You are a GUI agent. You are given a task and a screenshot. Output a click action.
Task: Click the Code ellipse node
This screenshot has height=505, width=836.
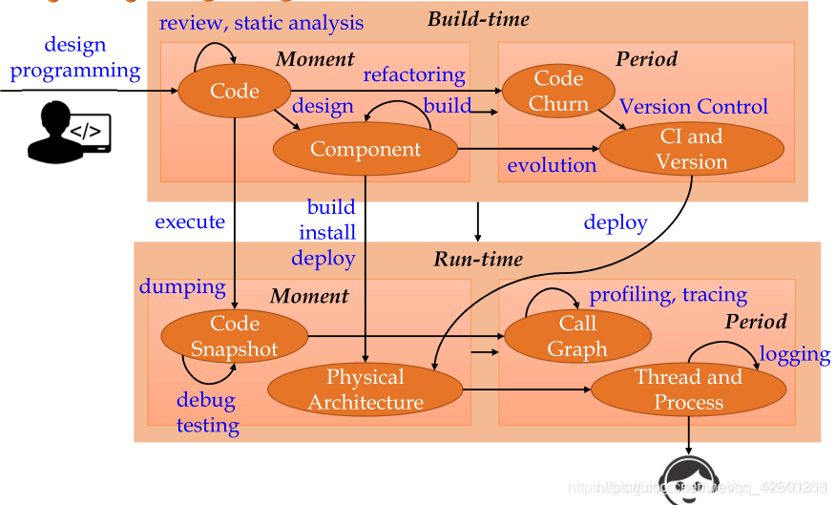click(235, 91)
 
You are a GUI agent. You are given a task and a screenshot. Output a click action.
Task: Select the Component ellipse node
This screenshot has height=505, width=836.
click(366, 149)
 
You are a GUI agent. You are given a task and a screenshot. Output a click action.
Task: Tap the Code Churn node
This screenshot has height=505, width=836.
click(559, 91)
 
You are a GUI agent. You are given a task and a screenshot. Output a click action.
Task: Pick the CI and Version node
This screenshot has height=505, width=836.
click(691, 149)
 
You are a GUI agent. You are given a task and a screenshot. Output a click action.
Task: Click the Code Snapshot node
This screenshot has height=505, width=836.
click(235, 336)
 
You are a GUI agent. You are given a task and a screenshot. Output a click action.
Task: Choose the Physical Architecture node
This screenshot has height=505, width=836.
click(366, 389)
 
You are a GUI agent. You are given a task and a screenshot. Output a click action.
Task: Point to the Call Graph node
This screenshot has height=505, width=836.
click(577, 336)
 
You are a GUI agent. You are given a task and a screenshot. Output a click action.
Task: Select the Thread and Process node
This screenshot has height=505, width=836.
click(688, 389)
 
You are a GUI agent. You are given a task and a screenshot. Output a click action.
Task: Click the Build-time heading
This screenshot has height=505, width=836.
click(478, 19)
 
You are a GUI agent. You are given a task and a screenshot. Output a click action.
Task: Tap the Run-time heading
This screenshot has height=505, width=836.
click(478, 260)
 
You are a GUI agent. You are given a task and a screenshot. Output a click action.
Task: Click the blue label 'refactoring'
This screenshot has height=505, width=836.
click(414, 74)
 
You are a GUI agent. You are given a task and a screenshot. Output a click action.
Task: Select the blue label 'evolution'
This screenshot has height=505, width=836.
click(552, 165)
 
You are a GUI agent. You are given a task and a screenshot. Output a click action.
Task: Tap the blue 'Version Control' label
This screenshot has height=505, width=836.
click(694, 106)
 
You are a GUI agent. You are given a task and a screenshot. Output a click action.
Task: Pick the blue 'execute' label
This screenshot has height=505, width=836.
click(190, 221)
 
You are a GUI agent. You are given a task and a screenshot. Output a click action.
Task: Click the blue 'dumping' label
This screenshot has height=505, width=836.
click(182, 286)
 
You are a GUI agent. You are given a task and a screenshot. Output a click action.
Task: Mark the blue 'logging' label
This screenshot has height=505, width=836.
click(795, 354)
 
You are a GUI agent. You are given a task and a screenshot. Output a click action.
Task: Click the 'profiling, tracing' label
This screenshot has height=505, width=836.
click(668, 295)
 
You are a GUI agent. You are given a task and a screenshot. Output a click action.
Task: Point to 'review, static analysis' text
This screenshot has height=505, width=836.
click(261, 22)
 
